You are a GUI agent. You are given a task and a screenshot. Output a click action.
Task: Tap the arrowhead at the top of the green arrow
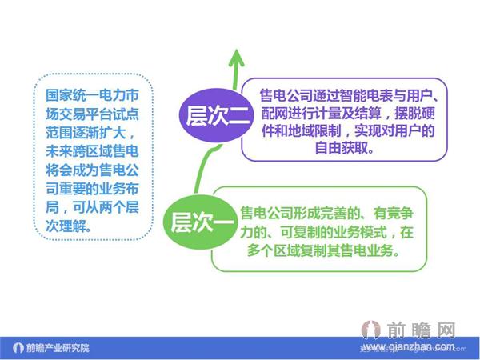[x=236, y=57]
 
